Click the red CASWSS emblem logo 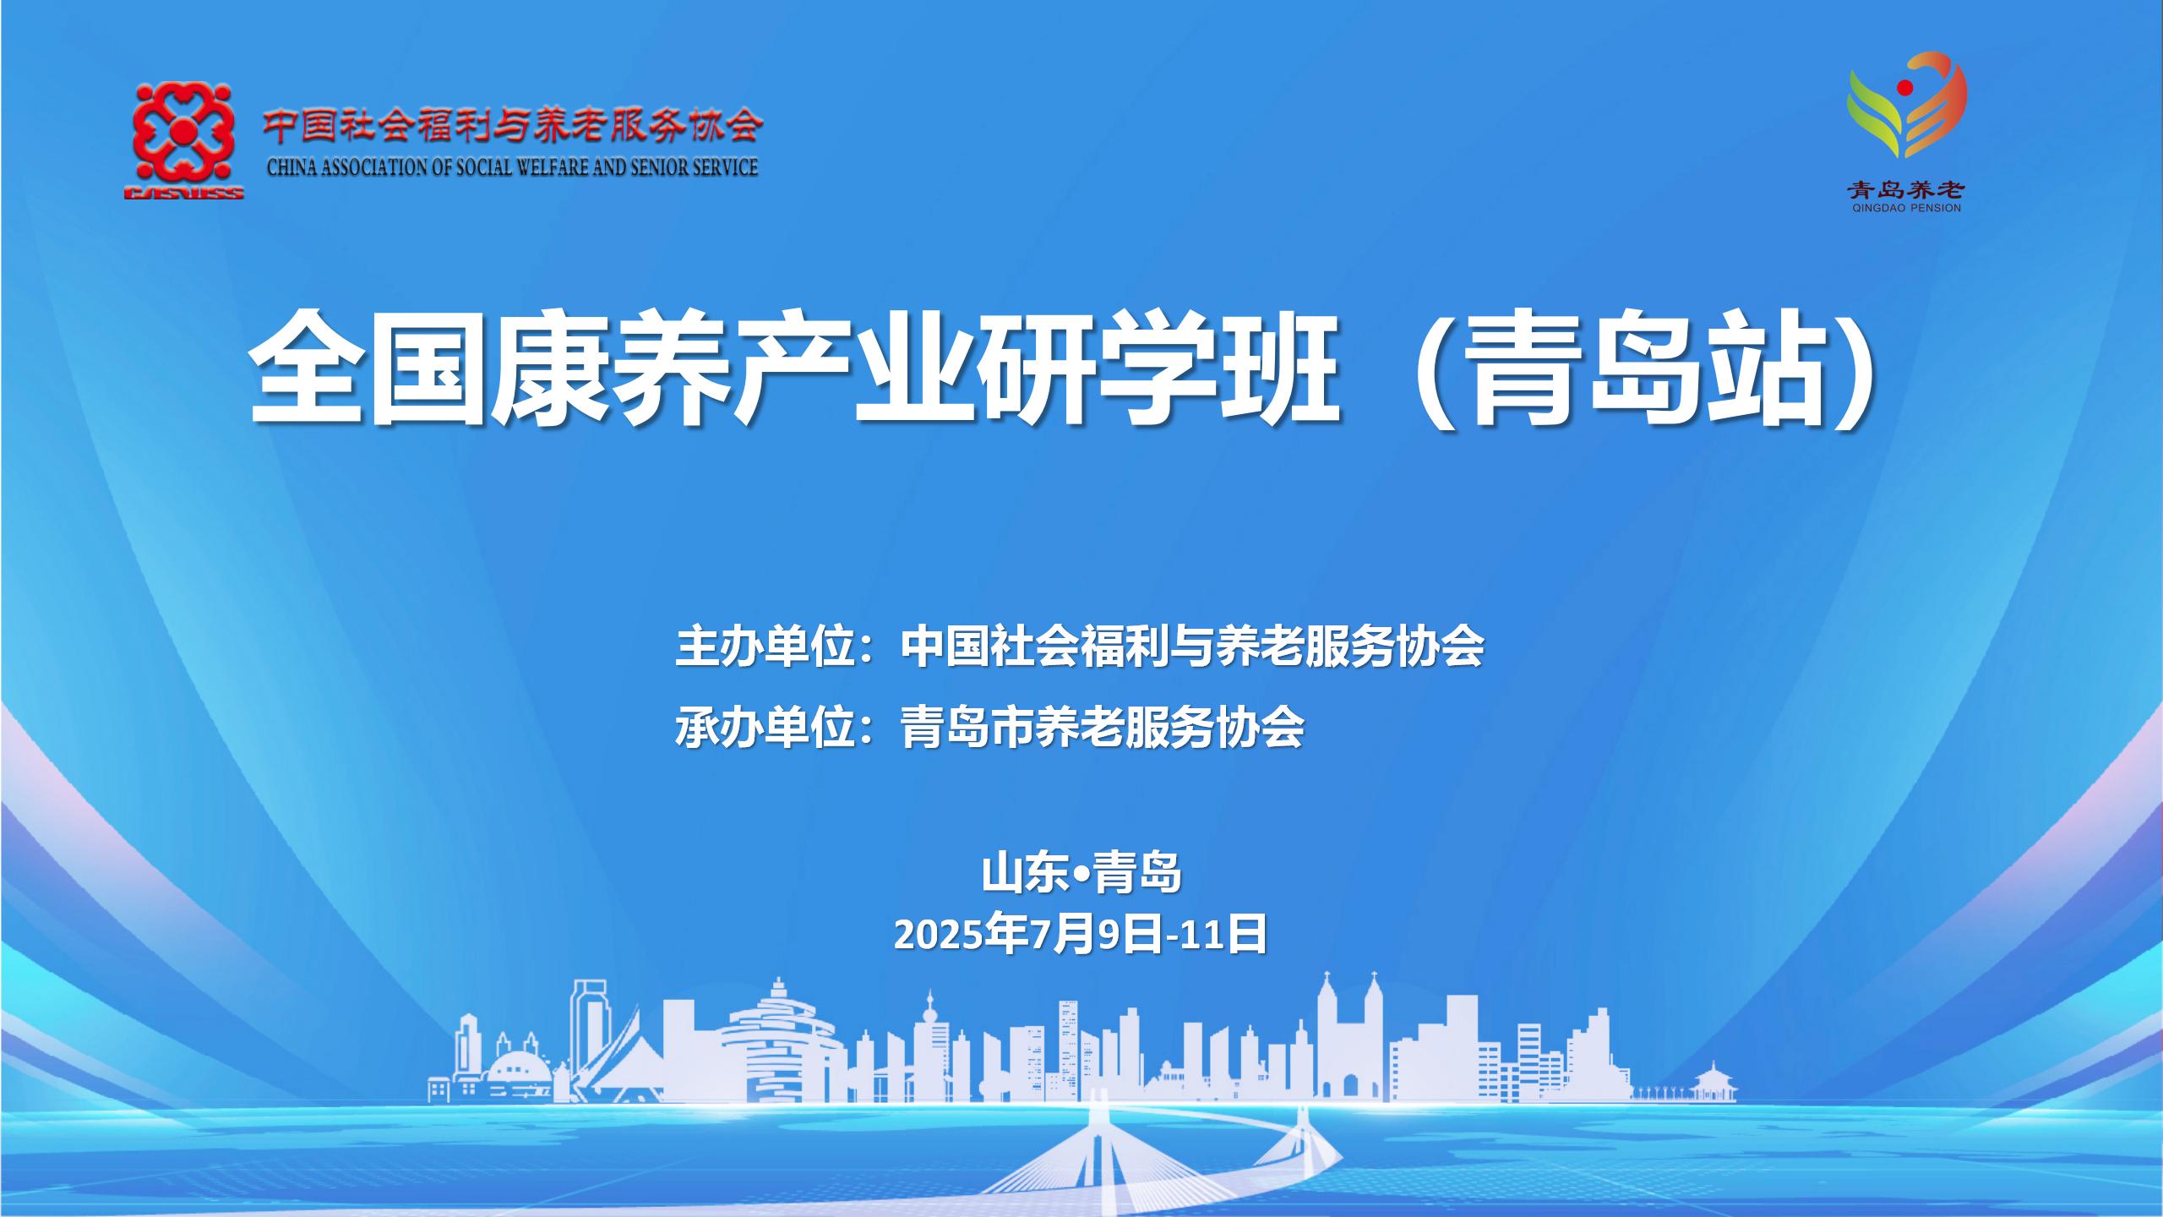(183, 140)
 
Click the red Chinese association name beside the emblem (513, 127)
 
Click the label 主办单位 (762, 647)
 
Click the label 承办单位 (762, 728)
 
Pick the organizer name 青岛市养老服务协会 (1103, 728)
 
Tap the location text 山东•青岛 (1081, 873)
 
